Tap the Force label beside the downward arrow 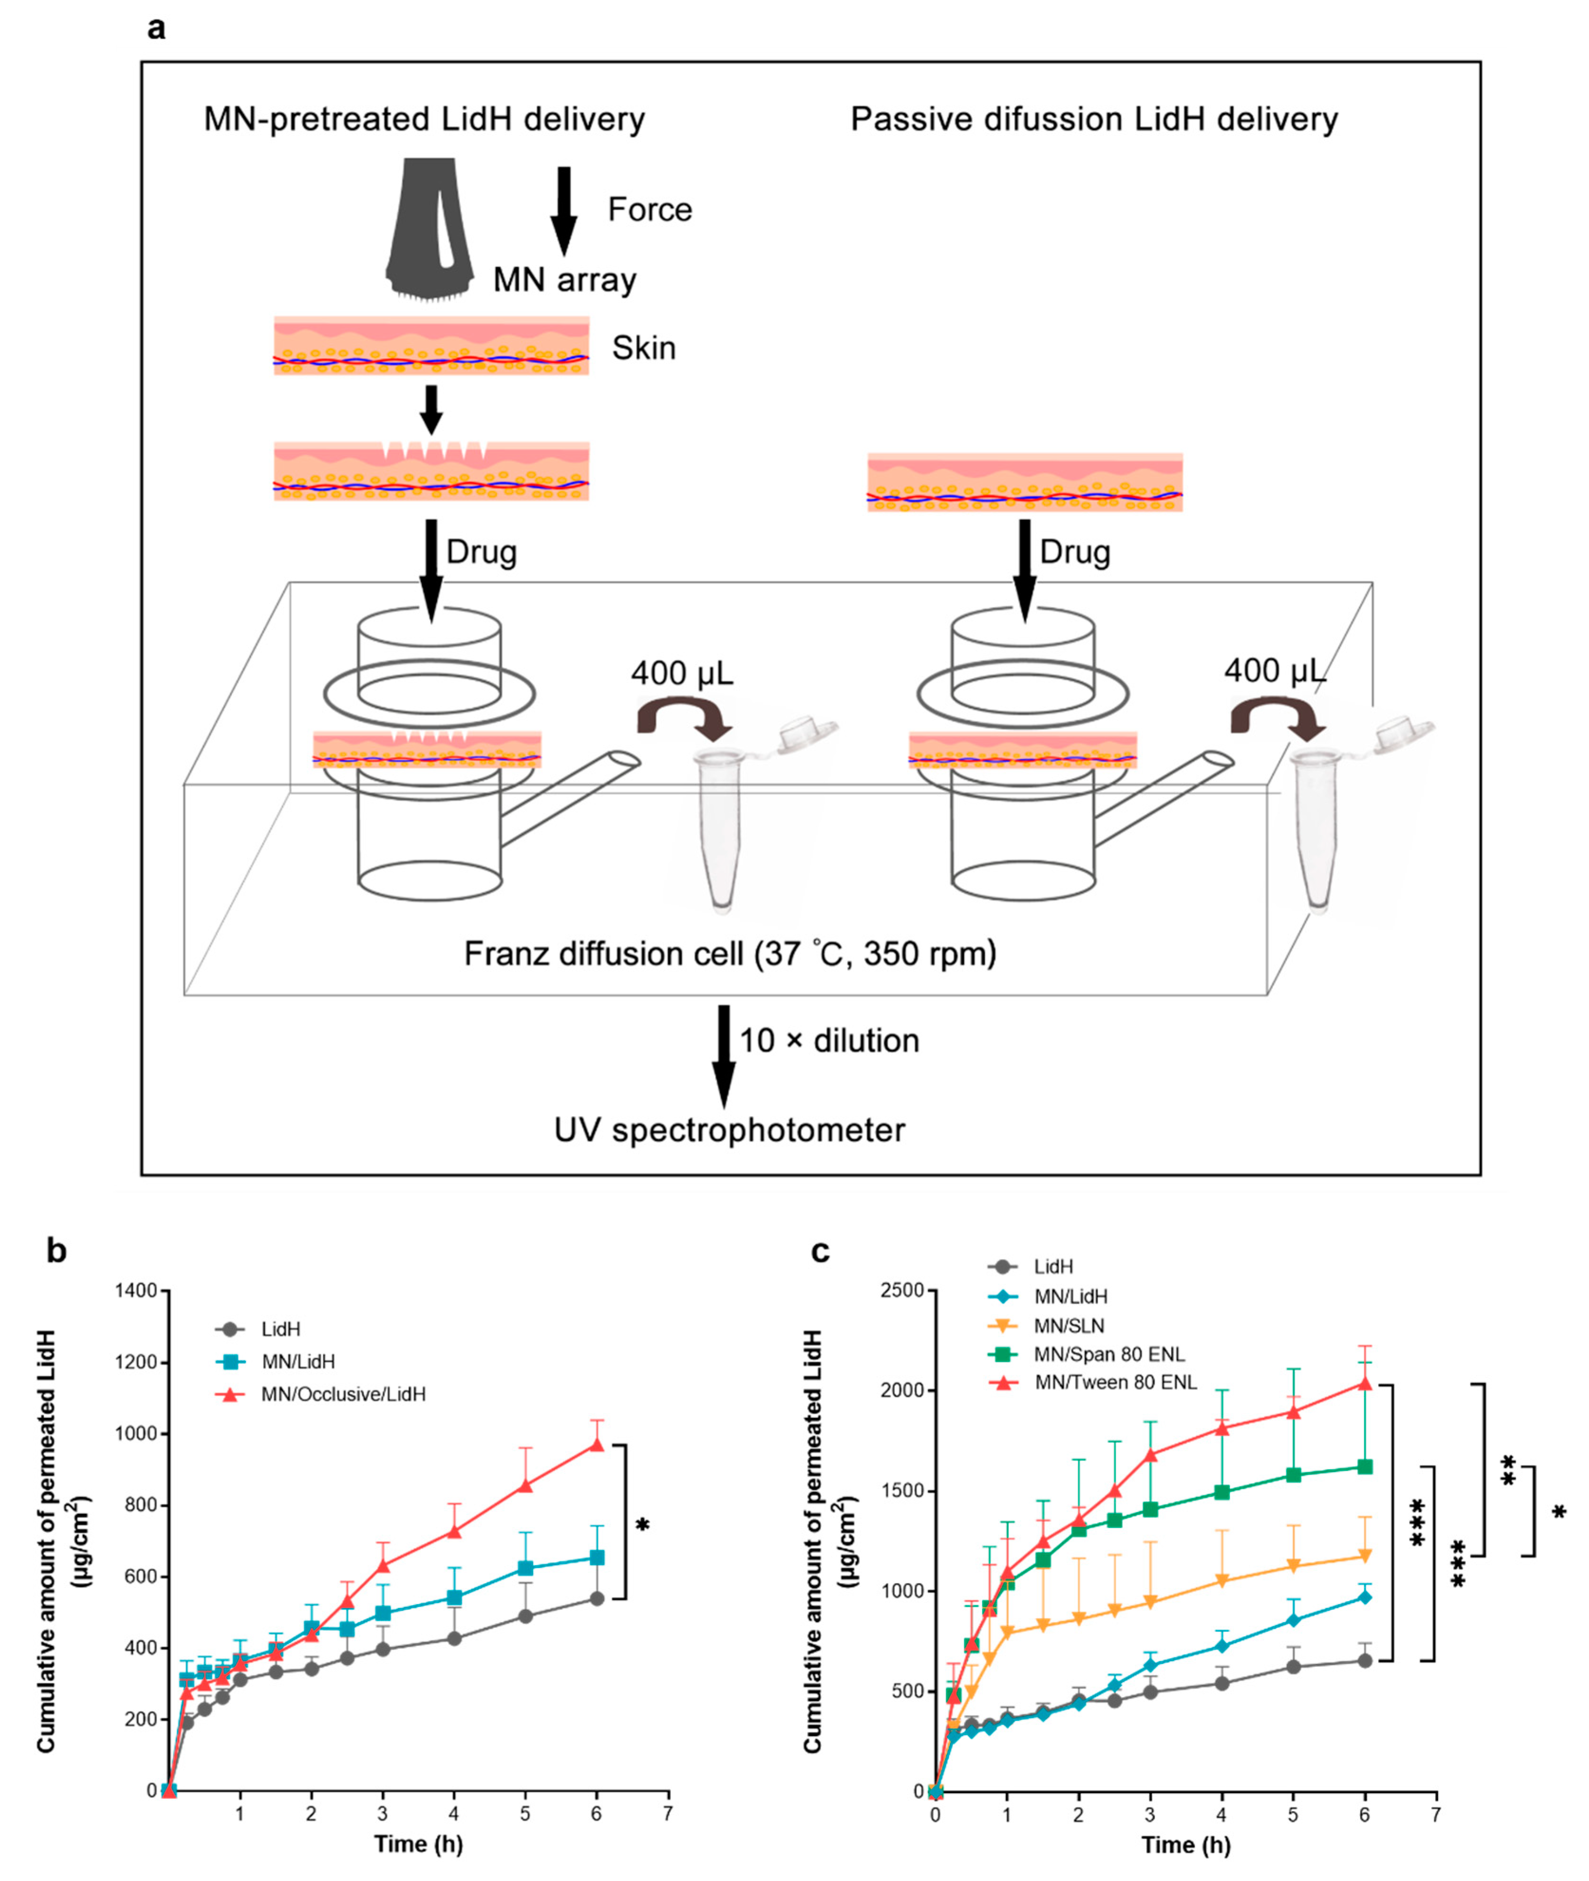(649, 210)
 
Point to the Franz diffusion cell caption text (730, 953)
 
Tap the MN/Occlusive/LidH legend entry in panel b (342, 1395)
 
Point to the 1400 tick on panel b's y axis (136, 1291)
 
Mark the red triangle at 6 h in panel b (596, 1445)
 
